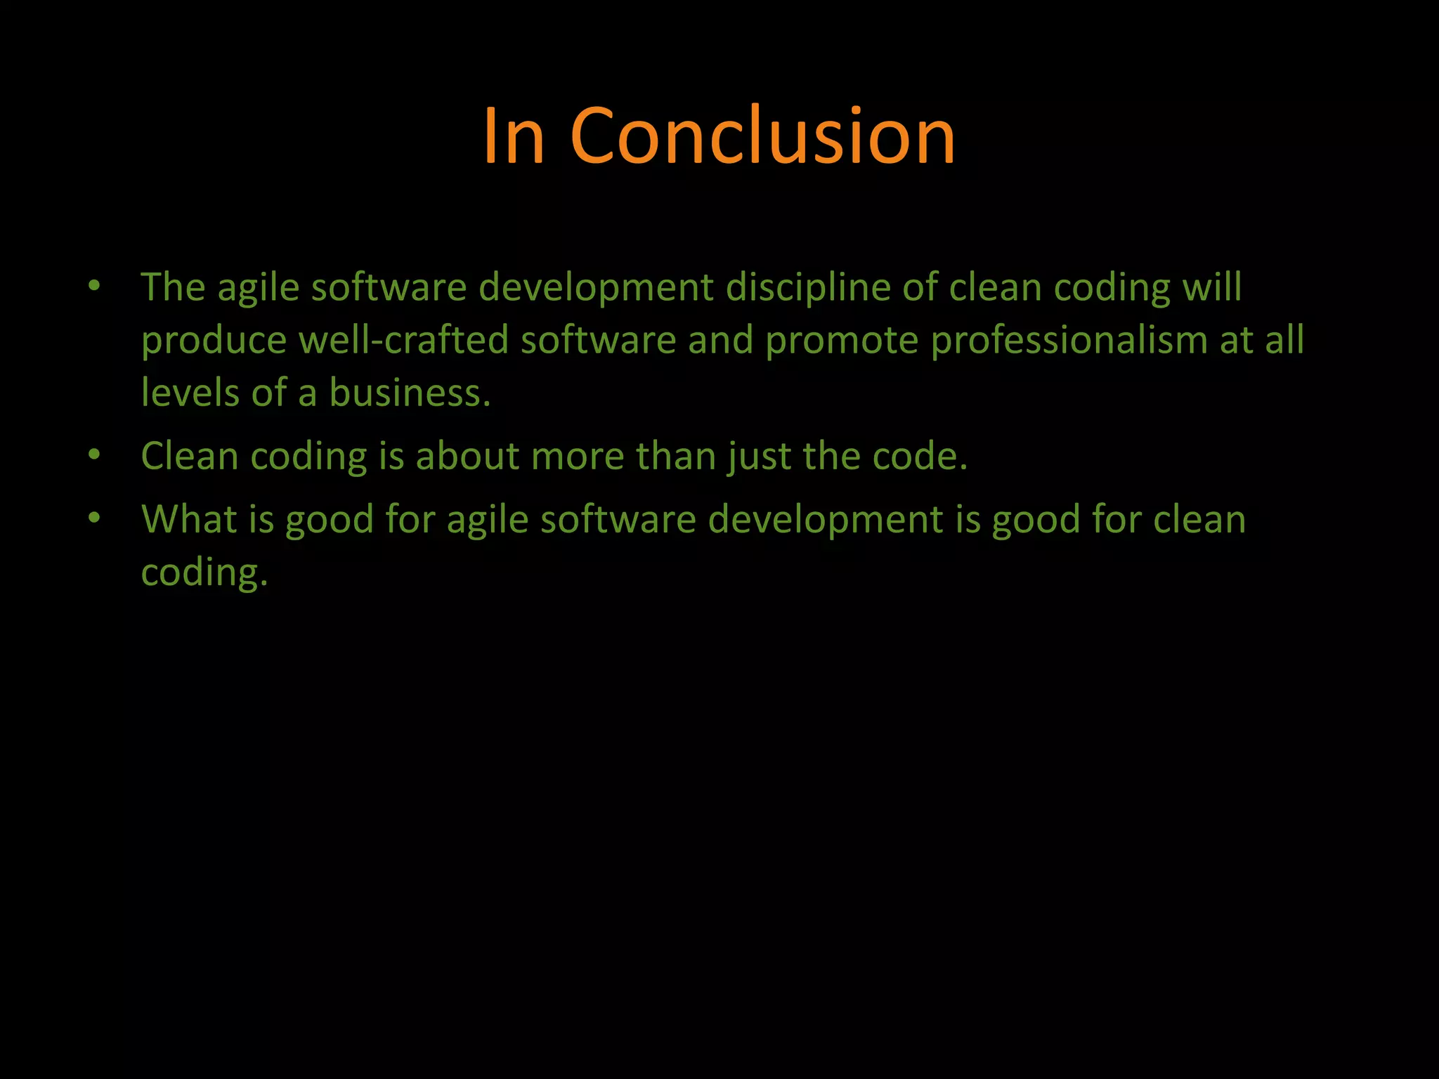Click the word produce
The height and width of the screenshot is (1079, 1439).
pos(214,341)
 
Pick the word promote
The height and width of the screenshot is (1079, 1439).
pos(842,341)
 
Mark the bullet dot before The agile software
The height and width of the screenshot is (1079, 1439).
pos(95,286)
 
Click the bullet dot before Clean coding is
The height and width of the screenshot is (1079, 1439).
pos(95,455)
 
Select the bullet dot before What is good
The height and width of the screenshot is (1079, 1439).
pos(95,518)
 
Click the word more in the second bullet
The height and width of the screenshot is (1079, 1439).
pos(578,457)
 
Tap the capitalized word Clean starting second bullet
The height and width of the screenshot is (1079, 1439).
pos(190,456)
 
